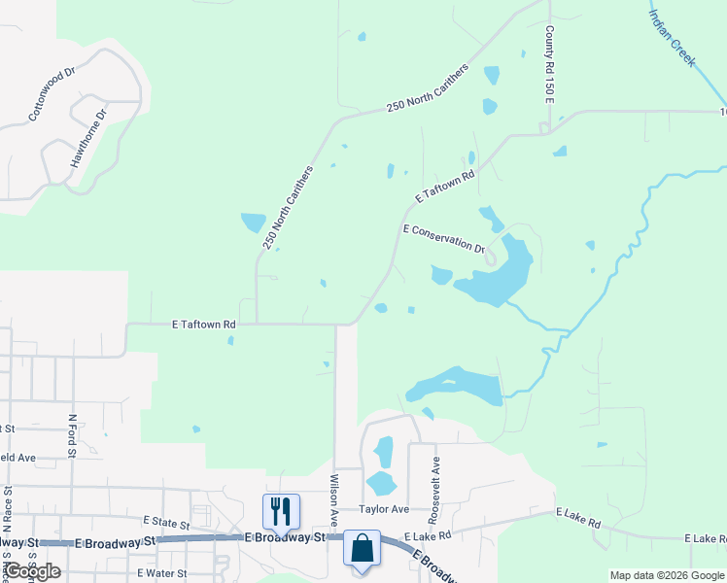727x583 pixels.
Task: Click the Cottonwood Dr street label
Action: click(x=52, y=94)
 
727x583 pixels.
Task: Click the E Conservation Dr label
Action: click(x=444, y=238)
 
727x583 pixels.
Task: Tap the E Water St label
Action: click(x=162, y=573)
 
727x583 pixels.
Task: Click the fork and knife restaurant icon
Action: click(x=281, y=511)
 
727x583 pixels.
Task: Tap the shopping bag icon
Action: click(x=362, y=548)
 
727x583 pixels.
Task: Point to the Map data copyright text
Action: click(x=666, y=575)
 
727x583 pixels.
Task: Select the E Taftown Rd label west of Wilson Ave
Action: click(x=204, y=324)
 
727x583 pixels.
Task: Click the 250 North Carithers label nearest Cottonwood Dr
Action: click(x=289, y=207)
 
